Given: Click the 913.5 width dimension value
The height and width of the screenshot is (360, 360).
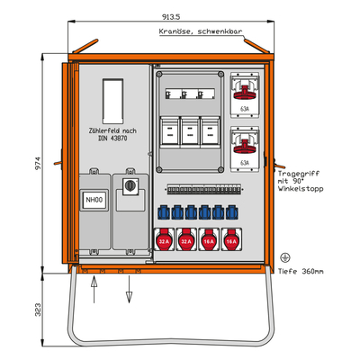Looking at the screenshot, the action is click(x=171, y=17).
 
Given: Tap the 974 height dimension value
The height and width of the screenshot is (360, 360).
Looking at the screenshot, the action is click(x=39, y=163).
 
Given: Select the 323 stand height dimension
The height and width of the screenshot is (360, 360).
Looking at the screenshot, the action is click(x=39, y=310).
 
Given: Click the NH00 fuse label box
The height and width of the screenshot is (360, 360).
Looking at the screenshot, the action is click(x=94, y=200).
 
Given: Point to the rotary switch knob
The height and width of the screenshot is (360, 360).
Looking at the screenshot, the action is click(x=130, y=185).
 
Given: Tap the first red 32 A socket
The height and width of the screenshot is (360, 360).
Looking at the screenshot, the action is click(x=164, y=239).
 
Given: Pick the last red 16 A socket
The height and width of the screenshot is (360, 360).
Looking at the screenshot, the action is click(x=231, y=239).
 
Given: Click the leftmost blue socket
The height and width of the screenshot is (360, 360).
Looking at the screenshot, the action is click(x=164, y=212).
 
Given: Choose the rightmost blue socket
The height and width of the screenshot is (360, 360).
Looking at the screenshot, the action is click(x=231, y=212).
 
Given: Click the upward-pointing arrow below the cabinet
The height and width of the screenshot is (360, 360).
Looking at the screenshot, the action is click(x=94, y=290).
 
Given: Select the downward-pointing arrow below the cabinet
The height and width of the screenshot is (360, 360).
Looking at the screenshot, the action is click(x=129, y=289).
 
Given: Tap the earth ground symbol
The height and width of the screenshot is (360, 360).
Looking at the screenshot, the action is click(x=284, y=257).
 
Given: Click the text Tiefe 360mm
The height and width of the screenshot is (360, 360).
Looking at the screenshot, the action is click(x=301, y=272).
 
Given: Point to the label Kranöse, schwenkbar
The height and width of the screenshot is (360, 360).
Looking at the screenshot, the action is click(x=201, y=31).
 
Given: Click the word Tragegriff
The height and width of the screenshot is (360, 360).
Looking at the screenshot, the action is click(x=299, y=174).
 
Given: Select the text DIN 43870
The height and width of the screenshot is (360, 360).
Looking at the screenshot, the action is click(x=112, y=139).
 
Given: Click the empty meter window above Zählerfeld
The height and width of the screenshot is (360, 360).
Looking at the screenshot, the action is click(x=112, y=102).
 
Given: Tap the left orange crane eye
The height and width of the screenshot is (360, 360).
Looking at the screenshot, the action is click(x=85, y=46).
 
